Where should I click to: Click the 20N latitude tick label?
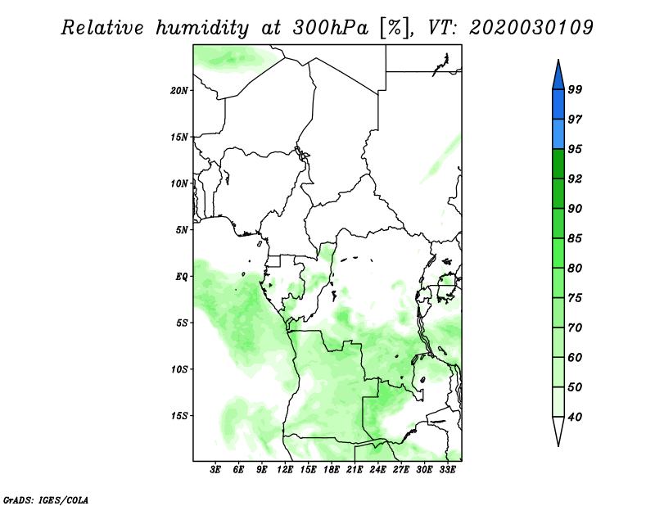[178, 90]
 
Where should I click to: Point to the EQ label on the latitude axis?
[181, 276]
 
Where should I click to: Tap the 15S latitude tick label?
[178, 416]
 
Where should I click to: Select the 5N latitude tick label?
[181, 230]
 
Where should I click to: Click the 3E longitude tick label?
[215, 469]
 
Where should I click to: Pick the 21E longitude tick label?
[355, 469]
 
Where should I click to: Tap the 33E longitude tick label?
[447, 469]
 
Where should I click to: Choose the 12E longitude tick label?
[284, 469]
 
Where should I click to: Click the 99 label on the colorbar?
[575, 89]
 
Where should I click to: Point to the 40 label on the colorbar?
[575, 417]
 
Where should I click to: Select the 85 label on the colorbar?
[575, 238]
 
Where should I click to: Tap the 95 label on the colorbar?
[575, 149]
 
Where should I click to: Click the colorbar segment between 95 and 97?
[558, 134]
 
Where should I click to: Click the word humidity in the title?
[202, 28]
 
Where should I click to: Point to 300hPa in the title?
[331, 28]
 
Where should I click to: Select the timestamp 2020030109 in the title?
[531, 28]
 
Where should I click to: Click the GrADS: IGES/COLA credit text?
[46, 499]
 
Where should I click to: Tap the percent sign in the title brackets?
[395, 28]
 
